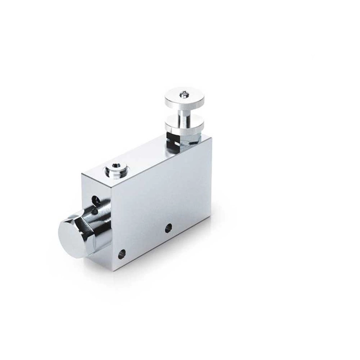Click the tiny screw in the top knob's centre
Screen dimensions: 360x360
pos(184,94)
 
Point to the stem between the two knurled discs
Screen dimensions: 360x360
pos(184,112)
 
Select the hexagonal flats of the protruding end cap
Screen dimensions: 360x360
pos(90,226)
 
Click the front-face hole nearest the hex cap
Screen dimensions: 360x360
pos(122,254)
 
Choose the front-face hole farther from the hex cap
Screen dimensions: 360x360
pos(168,227)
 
